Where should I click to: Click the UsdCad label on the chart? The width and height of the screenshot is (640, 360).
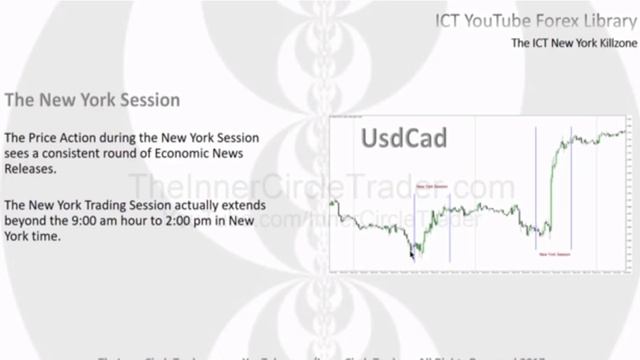point(390,137)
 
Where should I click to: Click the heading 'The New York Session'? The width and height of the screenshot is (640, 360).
point(92,101)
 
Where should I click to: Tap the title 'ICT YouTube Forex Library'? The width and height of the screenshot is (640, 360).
point(530,19)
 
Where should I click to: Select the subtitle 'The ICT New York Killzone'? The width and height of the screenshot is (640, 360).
point(569,44)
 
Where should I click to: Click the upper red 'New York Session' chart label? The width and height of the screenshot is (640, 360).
point(432,186)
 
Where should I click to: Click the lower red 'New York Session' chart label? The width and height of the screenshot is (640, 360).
point(558,255)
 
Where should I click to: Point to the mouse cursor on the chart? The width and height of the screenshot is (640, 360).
point(412,252)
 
